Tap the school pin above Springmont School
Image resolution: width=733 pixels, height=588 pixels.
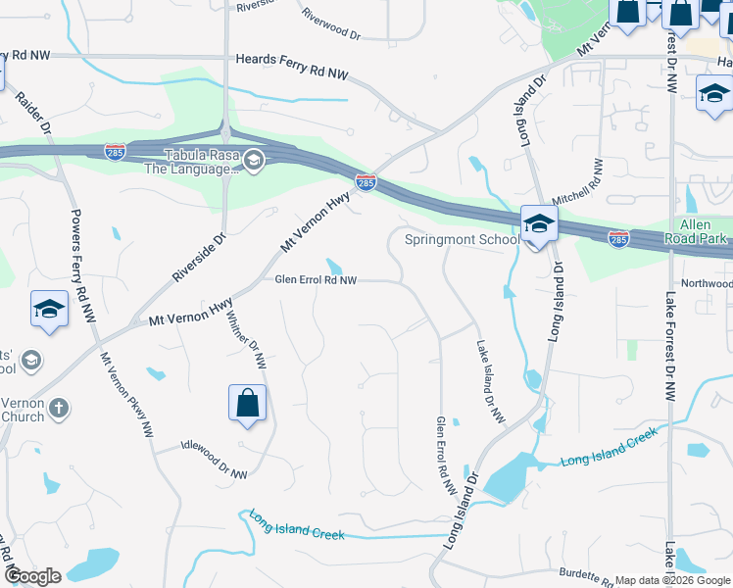coord(538,224)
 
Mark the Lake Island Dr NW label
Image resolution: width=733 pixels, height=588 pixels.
coord(491,383)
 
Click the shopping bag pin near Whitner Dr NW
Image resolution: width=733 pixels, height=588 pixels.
coord(248,404)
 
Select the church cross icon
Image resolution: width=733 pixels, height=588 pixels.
coord(59,408)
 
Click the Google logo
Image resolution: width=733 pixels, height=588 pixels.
coord(32,576)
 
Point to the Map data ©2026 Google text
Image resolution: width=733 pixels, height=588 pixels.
coord(670,580)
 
